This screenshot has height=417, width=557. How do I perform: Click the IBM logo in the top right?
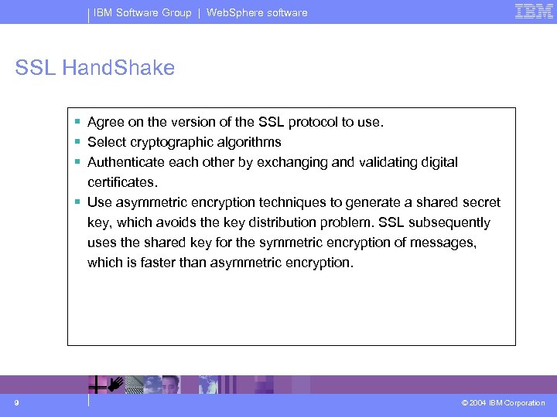(x=534, y=12)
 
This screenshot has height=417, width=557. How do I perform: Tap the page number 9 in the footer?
(x=15, y=402)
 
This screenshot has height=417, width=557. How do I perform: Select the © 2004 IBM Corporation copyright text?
(x=503, y=403)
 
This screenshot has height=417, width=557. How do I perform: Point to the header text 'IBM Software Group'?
(x=142, y=12)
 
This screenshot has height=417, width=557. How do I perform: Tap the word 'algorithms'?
(x=248, y=142)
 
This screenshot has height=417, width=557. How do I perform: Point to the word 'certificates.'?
(x=122, y=182)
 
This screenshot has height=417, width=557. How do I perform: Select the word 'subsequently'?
(x=452, y=222)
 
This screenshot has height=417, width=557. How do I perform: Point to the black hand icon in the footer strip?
(x=116, y=381)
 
